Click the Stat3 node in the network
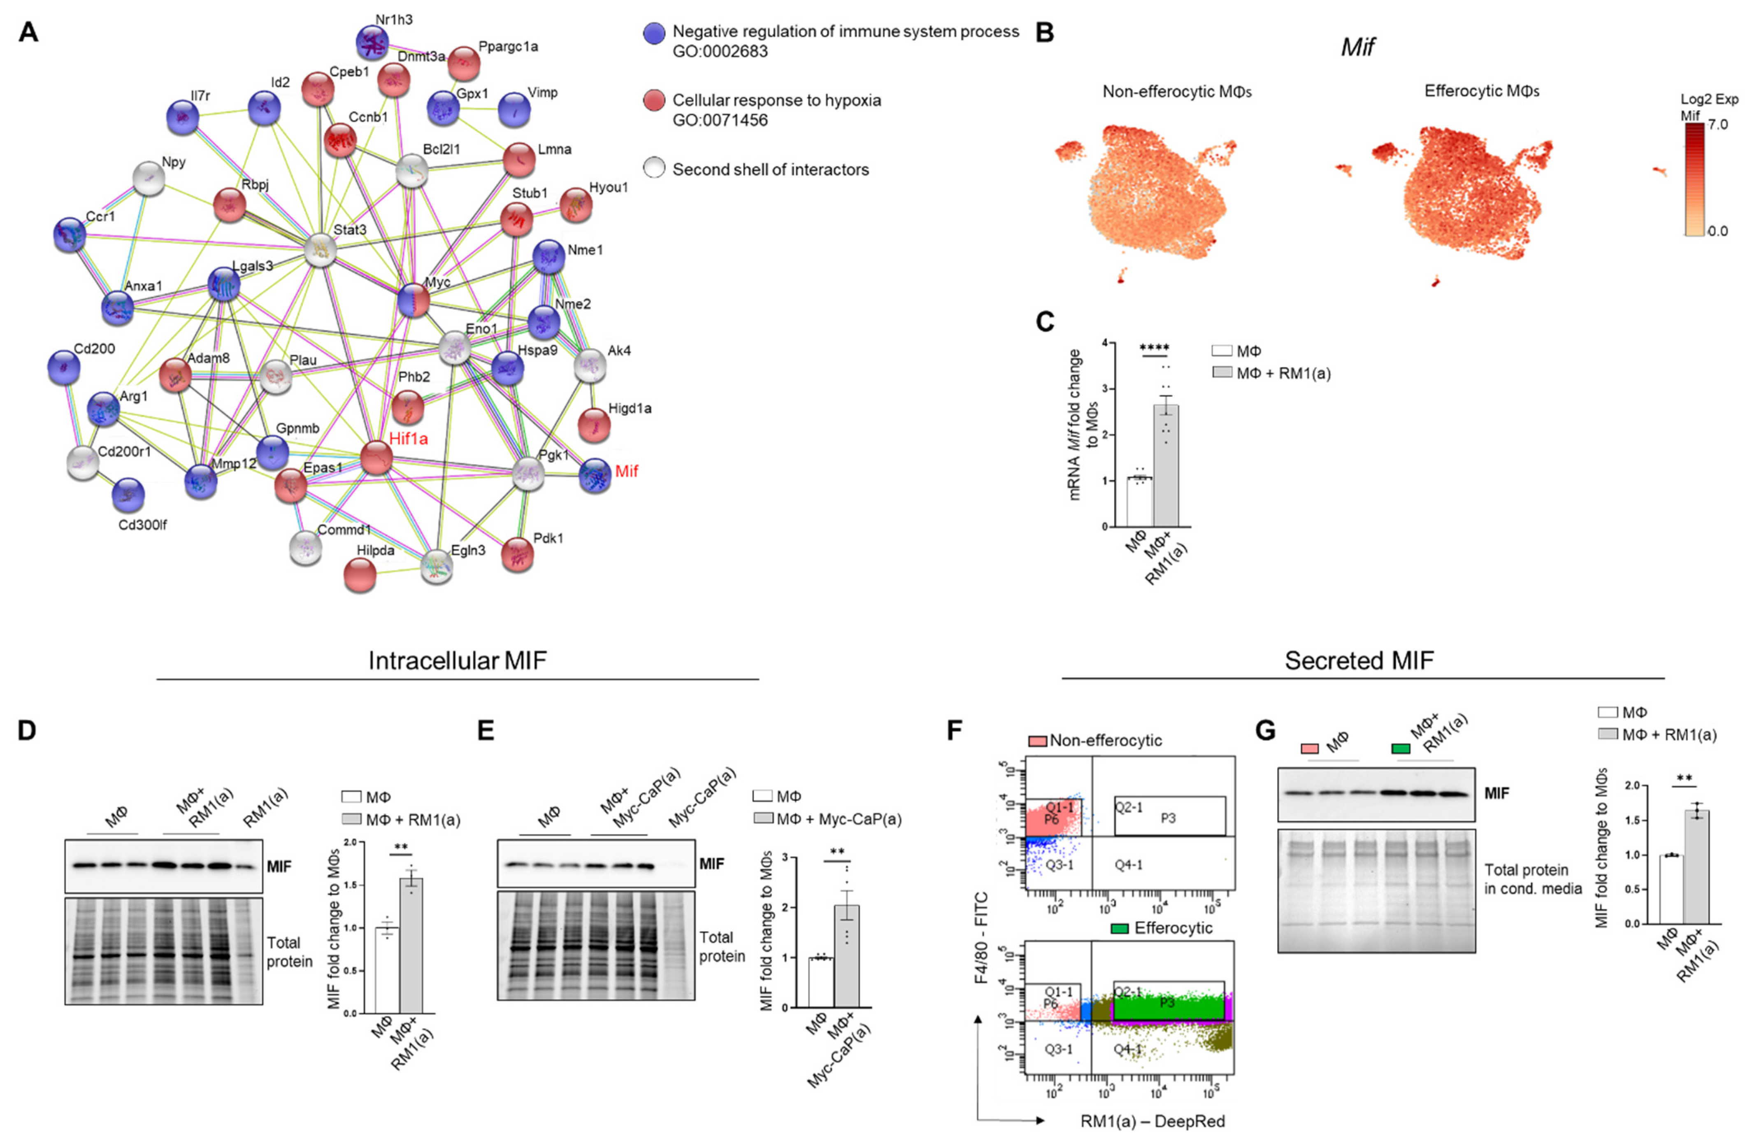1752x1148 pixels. [x=321, y=250]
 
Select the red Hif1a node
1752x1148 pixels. [x=376, y=458]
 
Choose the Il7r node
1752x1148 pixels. [x=183, y=117]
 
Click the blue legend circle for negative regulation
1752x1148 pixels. [x=654, y=33]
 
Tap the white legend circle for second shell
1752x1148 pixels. [x=654, y=169]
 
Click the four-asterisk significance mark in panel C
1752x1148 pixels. [x=1154, y=348]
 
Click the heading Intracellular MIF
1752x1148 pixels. [x=457, y=660]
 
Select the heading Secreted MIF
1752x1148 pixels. [x=1359, y=660]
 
